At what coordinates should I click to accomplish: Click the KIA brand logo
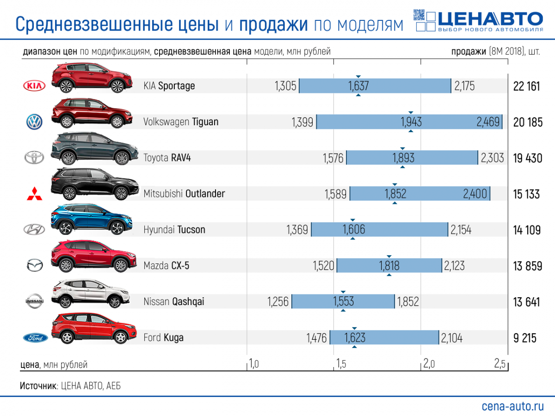click(34, 86)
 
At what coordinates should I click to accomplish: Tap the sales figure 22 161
click(526, 86)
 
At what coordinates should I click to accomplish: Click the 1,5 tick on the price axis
click(341, 364)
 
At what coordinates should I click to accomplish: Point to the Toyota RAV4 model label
click(167, 158)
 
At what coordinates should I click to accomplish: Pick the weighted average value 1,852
click(395, 194)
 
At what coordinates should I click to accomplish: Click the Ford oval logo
click(35, 338)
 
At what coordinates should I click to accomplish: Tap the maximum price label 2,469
click(488, 122)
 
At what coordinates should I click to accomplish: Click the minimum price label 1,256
click(277, 302)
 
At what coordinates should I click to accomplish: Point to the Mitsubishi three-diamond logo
click(34, 195)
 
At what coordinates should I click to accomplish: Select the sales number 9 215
click(524, 338)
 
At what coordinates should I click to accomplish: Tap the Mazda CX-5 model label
click(166, 266)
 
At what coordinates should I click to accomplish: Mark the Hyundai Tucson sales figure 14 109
click(526, 230)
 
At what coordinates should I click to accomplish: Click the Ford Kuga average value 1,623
click(355, 338)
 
